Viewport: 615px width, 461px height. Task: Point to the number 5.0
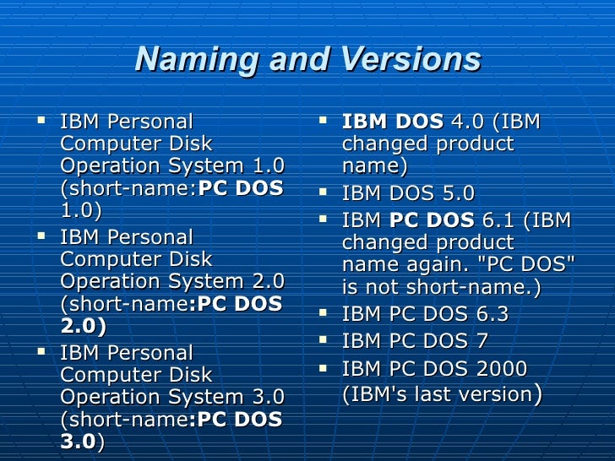(456, 194)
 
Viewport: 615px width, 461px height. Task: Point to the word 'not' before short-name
(392, 287)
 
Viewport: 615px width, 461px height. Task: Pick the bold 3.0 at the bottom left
(78, 442)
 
